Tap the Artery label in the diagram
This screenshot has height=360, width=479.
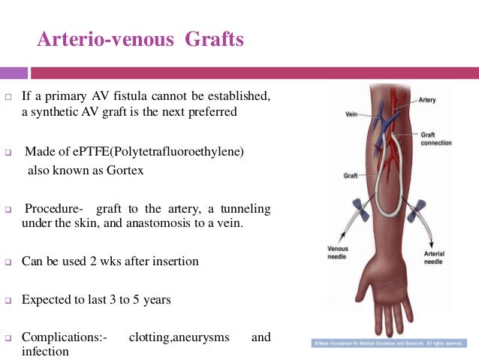pos(427,99)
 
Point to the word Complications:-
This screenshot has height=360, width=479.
pos(65,337)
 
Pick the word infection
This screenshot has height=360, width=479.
pos(45,351)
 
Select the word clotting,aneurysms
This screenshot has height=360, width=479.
pos(179,337)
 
